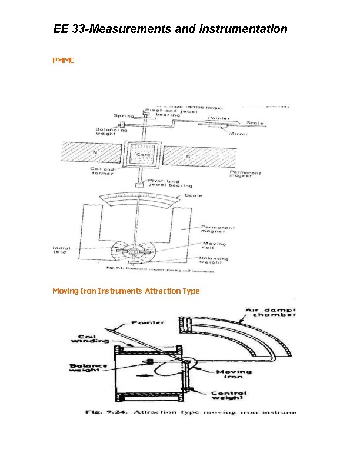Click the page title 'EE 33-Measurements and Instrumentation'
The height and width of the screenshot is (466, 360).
tap(170, 29)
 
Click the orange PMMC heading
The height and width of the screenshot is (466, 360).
tap(64, 61)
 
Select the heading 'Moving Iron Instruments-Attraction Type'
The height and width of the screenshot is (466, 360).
tap(126, 291)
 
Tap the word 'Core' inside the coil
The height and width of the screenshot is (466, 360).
tap(143, 155)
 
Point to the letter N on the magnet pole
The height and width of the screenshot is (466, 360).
tap(94, 151)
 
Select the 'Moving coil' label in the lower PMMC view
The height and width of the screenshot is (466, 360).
tap(214, 246)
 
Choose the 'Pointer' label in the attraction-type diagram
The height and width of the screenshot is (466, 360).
tap(148, 323)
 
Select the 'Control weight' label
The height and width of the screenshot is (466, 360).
tap(230, 396)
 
